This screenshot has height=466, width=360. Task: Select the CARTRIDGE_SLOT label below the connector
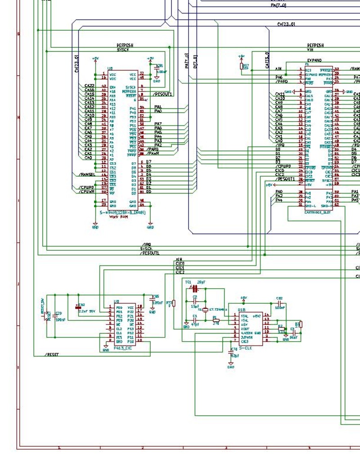317,212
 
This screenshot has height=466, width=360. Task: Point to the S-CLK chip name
245,348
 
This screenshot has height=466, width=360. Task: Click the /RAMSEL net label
86,175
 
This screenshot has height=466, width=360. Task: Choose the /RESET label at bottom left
52,354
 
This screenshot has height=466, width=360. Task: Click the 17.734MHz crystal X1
206,310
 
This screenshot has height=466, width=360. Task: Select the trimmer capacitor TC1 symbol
195,287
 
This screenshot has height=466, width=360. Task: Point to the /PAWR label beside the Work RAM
152,154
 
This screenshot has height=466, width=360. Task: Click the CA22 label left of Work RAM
89,86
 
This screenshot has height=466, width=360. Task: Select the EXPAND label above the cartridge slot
314,60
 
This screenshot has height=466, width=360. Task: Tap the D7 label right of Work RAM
148,162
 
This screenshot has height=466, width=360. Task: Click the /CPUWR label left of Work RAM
86,191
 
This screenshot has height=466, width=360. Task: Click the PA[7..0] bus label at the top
278,5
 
